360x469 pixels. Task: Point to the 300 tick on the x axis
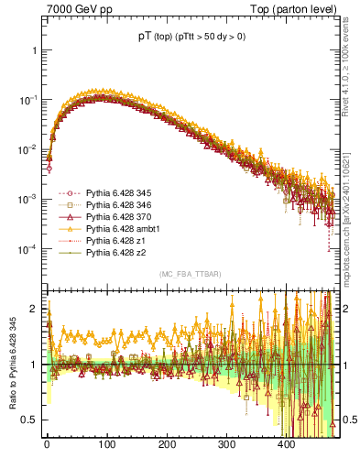point(287,445)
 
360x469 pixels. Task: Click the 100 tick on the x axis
point(106,445)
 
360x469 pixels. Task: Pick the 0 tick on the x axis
point(47,445)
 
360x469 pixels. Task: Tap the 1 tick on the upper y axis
point(34,50)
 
